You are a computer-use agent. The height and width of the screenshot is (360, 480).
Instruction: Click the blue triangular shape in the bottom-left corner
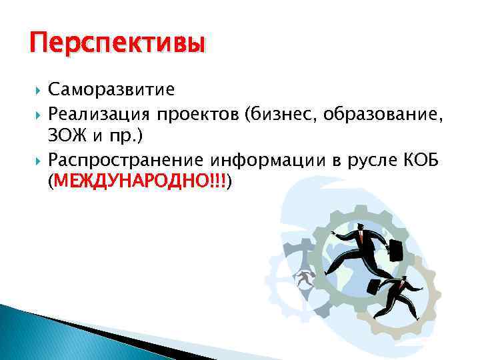click(x=40, y=333)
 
